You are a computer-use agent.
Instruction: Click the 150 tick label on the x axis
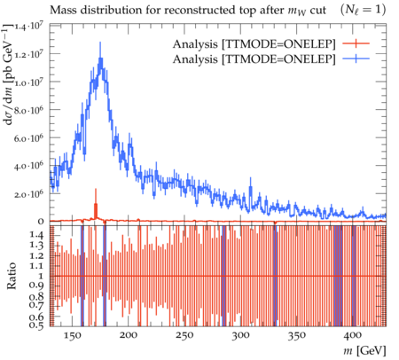coord(73,336)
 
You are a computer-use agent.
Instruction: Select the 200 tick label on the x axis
coord(129,336)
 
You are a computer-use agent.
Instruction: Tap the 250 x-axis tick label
coord(184,336)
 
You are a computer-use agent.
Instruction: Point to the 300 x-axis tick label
coord(241,336)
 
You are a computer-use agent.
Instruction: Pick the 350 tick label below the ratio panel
coord(297,336)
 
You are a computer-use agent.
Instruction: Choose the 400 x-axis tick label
coord(353,336)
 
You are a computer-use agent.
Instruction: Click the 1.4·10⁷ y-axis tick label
coord(29,27)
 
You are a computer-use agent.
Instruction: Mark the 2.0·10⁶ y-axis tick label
coord(29,194)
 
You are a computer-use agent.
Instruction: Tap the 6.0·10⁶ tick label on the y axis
coord(29,138)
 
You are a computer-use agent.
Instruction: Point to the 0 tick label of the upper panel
coord(41,222)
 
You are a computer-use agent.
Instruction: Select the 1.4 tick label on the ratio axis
coord(36,235)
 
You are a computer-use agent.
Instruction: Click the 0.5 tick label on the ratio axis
coord(36,325)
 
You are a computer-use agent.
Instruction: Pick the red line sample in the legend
coord(356,44)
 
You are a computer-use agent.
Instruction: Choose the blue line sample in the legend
coord(356,59)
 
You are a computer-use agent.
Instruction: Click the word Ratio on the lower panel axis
coord(12,276)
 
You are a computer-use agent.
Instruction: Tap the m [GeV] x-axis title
coord(364,351)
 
